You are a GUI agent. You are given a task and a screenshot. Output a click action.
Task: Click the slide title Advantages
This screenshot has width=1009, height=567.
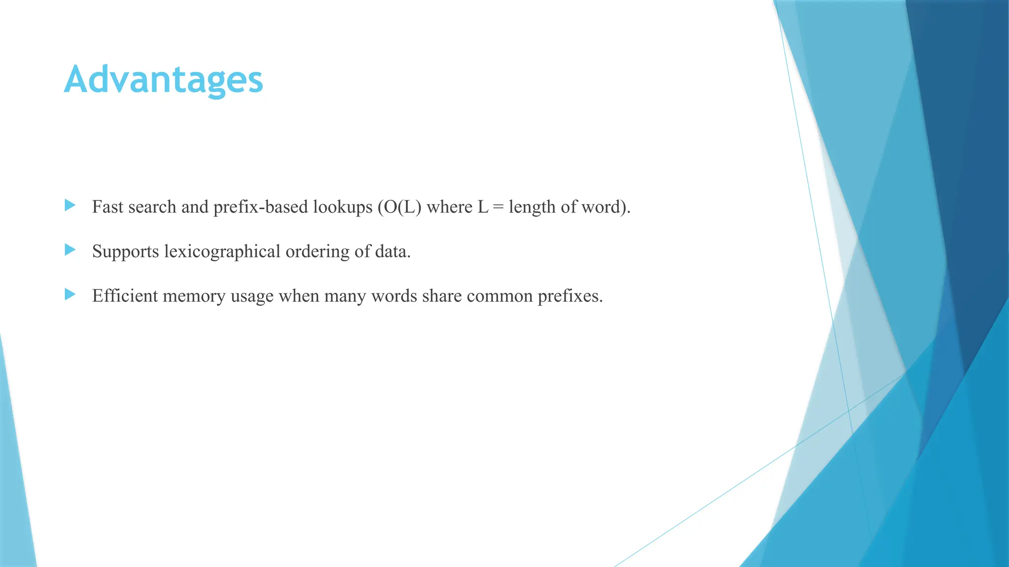coord(164,80)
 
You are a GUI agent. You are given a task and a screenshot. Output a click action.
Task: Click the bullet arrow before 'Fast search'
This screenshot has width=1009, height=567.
coord(70,205)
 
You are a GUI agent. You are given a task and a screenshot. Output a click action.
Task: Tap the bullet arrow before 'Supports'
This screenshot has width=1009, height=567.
coord(70,250)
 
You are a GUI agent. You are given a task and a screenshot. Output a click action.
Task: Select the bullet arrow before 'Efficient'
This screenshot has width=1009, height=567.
coord(70,294)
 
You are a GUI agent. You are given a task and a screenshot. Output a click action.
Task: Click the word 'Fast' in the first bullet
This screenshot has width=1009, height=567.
coord(107,207)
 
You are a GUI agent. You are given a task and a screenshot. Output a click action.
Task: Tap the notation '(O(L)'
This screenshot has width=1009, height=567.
coord(400,207)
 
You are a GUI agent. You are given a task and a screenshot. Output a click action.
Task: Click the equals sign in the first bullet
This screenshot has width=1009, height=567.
coord(499,207)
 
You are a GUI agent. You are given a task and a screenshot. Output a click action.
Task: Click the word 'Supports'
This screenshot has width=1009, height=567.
coord(125,252)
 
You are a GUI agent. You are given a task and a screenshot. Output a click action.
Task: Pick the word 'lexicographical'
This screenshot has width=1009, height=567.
coord(222,252)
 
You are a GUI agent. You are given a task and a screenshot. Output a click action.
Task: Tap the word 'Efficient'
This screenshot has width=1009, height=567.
coord(125,296)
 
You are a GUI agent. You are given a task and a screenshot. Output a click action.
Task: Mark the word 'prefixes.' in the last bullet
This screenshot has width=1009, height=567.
coord(570,296)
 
